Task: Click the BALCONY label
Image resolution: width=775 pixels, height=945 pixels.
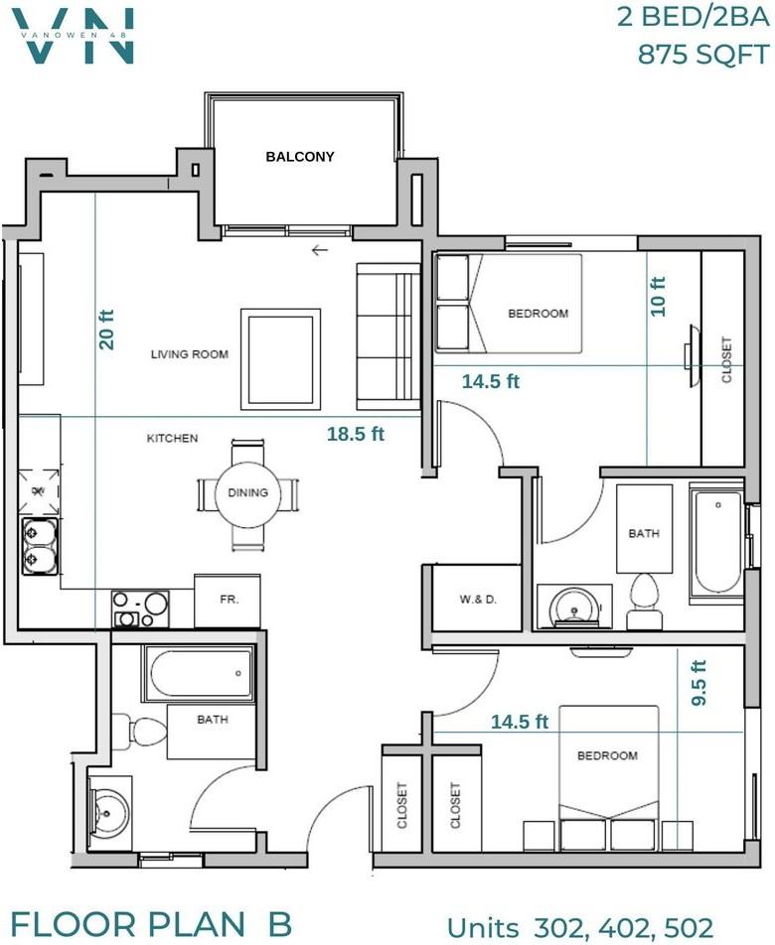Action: (x=300, y=157)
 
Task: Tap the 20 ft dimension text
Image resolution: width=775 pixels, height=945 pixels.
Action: (x=106, y=330)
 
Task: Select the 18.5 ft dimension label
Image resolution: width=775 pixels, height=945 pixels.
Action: (x=356, y=434)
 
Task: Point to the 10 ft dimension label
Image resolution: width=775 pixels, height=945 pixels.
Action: (x=658, y=297)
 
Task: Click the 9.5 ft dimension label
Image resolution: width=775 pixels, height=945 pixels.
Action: (x=698, y=683)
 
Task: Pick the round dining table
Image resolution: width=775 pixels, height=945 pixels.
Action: (x=247, y=493)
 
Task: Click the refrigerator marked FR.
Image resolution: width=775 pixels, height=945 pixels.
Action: (x=228, y=601)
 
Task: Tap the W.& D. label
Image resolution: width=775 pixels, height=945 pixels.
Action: (x=478, y=600)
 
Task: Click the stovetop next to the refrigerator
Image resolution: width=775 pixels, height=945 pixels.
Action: (x=140, y=609)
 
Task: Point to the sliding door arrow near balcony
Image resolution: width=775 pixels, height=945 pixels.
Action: (x=320, y=249)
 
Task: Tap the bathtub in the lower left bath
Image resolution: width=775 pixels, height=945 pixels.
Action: (x=199, y=673)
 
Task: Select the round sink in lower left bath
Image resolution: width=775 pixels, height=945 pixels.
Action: (x=107, y=813)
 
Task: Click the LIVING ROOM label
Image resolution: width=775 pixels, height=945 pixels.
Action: (x=190, y=354)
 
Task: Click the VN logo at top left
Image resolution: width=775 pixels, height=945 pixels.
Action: (x=76, y=36)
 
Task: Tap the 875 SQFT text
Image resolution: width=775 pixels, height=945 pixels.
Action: (x=703, y=55)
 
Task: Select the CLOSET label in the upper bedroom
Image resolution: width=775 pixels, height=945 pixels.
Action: (x=726, y=359)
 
